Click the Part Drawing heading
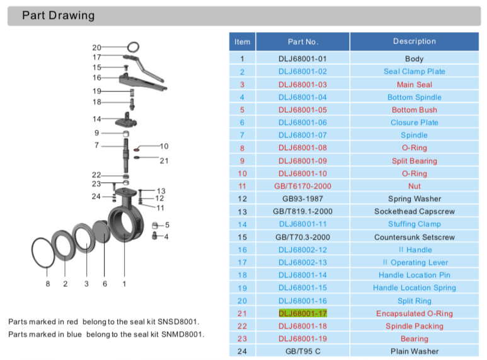[x=58, y=16]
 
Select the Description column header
[x=414, y=42]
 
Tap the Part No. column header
[x=302, y=42]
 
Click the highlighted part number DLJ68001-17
[x=302, y=313]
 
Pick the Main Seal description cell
[x=414, y=84]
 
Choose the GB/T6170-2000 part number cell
[x=302, y=186]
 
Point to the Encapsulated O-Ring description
[x=414, y=313]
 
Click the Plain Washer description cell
[x=414, y=351]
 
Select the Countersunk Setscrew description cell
[x=414, y=237]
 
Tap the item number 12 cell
[x=242, y=199]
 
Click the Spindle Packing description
[x=414, y=326]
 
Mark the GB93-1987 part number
[x=302, y=199]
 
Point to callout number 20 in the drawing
[x=96, y=47]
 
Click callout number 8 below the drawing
[x=47, y=284]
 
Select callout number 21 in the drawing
[x=164, y=161]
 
